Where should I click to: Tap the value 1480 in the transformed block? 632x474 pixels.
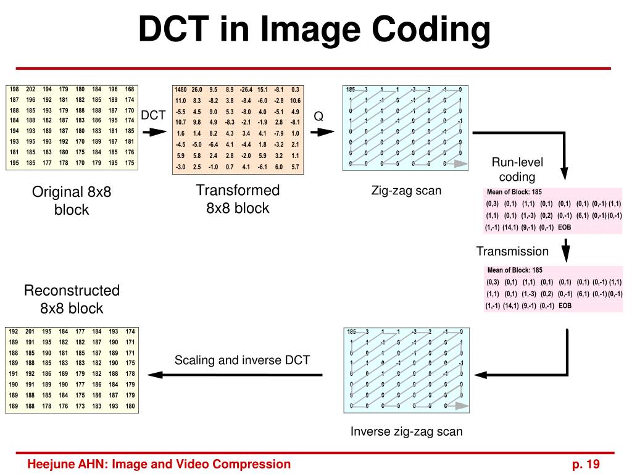click(181, 89)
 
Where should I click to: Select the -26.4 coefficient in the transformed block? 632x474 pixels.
click(246, 89)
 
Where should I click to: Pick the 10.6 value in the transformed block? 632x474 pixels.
click(295, 101)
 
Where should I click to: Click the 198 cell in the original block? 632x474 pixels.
click(15, 89)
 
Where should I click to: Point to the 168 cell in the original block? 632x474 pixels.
click(129, 89)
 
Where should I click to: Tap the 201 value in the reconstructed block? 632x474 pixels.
click(30, 331)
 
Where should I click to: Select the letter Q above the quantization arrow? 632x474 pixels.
click(318, 116)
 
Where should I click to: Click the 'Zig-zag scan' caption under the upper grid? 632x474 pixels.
click(406, 191)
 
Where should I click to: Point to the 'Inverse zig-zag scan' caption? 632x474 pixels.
click(406, 431)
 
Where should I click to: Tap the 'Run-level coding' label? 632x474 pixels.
click(517, 170)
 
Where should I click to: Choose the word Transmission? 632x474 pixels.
click(512, 251)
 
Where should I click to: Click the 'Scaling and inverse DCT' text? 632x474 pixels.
click(242, 360)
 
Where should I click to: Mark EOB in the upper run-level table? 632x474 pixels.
click(564, 227)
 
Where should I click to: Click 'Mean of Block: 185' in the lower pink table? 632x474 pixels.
click(515, 270)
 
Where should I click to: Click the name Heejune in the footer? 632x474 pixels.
click(50, 465)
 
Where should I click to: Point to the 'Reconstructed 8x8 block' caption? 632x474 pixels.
click(72, 299)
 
